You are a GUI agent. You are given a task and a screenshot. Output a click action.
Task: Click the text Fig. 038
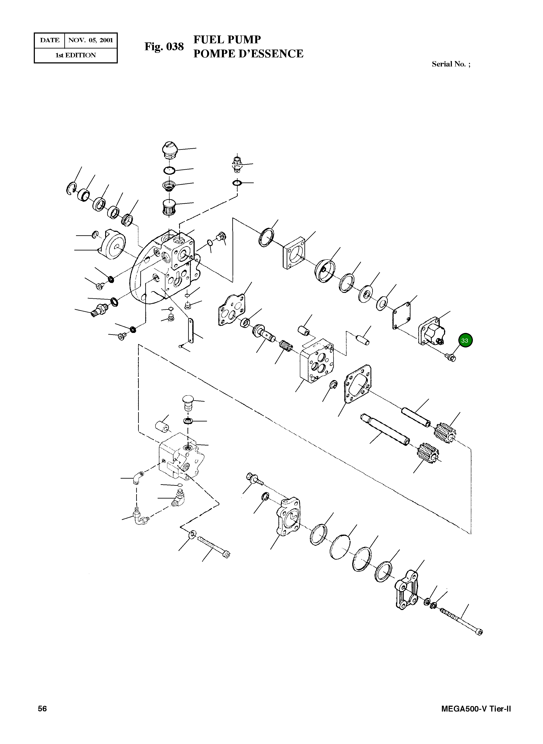tap(164, 47)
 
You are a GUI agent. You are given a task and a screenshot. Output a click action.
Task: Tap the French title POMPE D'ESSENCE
tap(248, 53)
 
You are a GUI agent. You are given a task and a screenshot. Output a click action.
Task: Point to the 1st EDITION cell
tap(76, 55)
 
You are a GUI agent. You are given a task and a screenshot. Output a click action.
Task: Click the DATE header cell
tap(50, 40)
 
